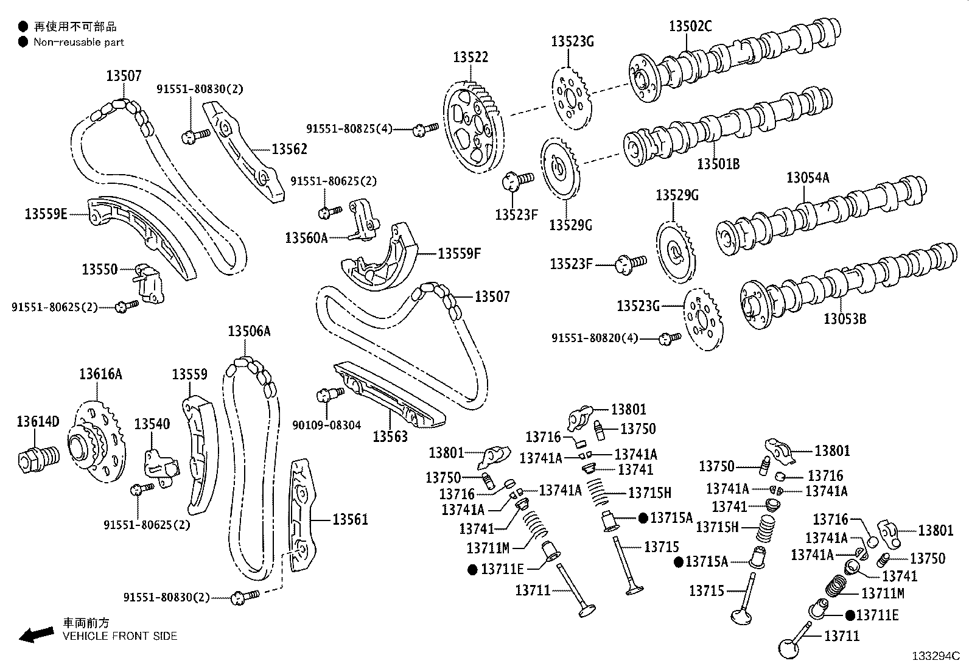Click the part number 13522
(470, 57)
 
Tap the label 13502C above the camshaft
(690, 26)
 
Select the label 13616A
(100, 374)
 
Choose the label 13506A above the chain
(249, 331)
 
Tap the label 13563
(390, 436)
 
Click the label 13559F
(459, 253)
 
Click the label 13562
(289, 149)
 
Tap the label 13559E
(46, 214)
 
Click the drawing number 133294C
(935, 656)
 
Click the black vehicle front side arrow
(36, 634)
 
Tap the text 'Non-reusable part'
(79, 42)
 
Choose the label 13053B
(845, 318)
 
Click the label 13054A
(808, 178)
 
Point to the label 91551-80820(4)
(595, 337)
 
